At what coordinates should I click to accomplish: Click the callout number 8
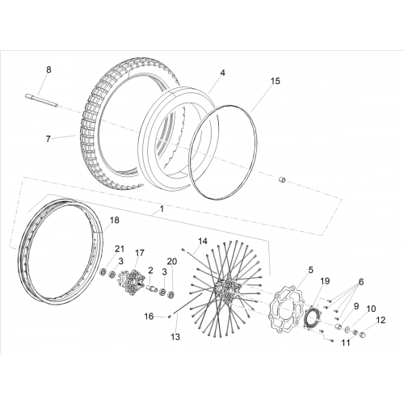point(48,69)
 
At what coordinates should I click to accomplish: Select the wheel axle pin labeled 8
point(42,100)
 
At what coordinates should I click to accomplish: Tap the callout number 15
point(276,81)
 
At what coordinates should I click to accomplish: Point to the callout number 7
point(48,139)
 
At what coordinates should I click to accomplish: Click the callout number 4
point(222,73)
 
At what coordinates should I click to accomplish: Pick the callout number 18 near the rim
point(114,220)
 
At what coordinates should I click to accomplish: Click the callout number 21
point(120,249)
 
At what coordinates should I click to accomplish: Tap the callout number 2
point(150,270)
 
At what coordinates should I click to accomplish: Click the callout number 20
point(172,261)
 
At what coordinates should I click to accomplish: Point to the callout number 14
point(203,241)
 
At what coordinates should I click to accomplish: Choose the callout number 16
point(149,317)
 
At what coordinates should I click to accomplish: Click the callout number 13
point(175,337)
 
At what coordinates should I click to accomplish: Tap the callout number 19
point(325,281)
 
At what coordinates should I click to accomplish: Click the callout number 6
point(361,282)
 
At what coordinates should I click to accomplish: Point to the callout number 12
point(381,320)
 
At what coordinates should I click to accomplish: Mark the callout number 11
point(346,343)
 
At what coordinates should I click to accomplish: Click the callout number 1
point(162,208)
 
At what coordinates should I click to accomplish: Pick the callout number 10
point(371,309)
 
